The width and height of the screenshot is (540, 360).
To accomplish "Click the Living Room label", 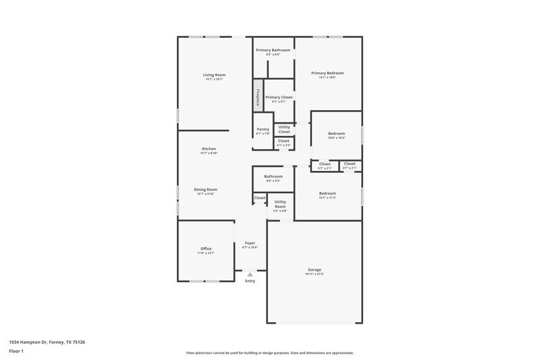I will [214, 75].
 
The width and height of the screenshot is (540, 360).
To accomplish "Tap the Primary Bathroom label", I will [273, 50].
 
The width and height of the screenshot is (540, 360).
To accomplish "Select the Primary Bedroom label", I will [327, 73].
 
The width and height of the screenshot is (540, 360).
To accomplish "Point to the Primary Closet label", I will [279, 97].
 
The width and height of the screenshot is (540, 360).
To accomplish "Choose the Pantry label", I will [263, 129].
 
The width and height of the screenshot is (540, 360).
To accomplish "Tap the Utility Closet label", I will [284, 129].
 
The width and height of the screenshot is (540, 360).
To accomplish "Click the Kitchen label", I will [209, 149].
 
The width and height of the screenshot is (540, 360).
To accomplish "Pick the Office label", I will [206, 249].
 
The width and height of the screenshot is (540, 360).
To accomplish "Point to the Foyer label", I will [250, 242].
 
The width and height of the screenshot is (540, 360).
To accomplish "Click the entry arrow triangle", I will [250, 274].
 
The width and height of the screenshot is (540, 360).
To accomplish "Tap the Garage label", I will [314, 269].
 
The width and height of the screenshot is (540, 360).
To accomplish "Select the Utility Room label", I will [280, 203].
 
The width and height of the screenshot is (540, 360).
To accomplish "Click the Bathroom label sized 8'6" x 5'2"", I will [273, 177].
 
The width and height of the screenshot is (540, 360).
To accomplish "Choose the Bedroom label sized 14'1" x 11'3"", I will [327, 194].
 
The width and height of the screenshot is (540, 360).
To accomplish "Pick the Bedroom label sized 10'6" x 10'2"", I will [336, 134].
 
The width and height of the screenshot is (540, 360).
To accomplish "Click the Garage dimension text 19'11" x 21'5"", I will [314, 274].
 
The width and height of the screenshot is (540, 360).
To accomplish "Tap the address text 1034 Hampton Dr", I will [47, 342].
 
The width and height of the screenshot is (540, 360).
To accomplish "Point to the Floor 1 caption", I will [16, 352].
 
